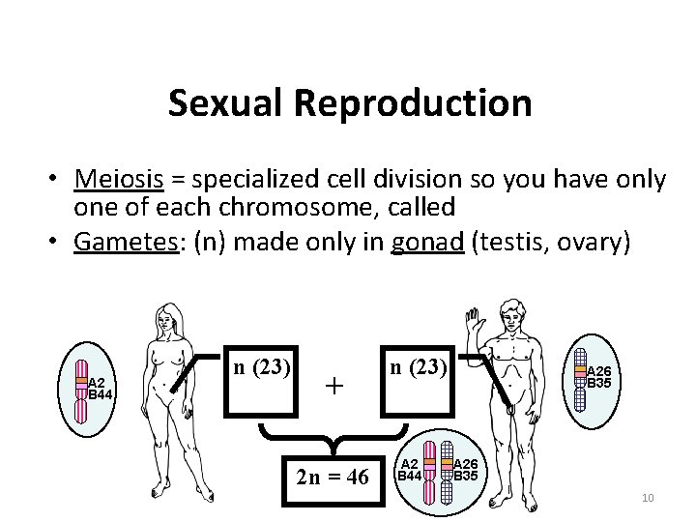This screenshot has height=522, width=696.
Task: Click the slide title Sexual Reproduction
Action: pos(349,103)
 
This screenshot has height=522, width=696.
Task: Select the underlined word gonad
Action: pos(429,243)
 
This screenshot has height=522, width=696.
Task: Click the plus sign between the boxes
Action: pos(333,386)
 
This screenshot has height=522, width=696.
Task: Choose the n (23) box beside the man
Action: pos(415,367)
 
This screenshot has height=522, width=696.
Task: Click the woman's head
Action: pos(171,316)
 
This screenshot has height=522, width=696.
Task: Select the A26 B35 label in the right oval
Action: pos(599,377)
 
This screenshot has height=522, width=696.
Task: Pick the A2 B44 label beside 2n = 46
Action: pos(410,470)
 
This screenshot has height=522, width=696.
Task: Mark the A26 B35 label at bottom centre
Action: pos(466,470)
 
